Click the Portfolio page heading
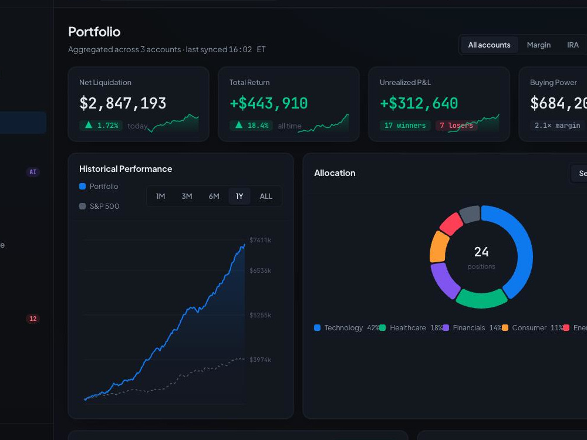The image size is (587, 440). pos(95,32)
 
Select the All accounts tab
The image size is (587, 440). pos(489,45)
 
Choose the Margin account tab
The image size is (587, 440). pos(539,45)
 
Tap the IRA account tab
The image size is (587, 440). pos(573,45)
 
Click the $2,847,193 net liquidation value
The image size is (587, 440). pos(123,103)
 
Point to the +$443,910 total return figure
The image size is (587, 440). pos(268,103)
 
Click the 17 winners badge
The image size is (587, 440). pos(405,126)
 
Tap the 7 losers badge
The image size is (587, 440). pos(456,126)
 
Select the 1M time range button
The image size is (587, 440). pos(161,196)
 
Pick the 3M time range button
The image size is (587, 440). pos(187,196)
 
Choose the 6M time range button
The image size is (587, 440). pos(214,196)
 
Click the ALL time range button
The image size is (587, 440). pos(266,196)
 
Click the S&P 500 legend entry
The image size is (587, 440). pos(99,206)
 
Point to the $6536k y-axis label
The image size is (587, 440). pos(260,270)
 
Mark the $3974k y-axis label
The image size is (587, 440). pos(260,360)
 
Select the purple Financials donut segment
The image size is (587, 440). pos(444,280)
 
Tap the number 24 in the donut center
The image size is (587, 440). pos(481,252)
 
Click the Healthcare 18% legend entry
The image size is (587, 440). pos(411,328)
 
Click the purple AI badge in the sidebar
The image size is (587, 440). pos(33,172)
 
